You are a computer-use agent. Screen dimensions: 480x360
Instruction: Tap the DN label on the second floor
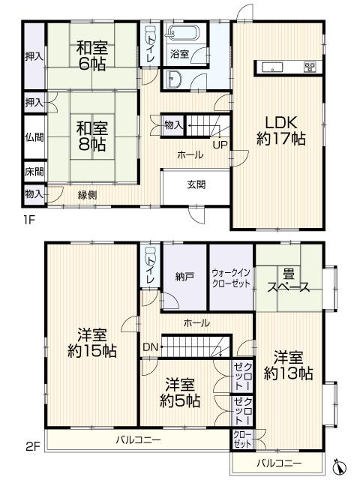(x=150, y=347)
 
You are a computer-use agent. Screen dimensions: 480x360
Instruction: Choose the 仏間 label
(x=34, y=137)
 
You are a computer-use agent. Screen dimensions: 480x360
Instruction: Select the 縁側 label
(x=87, y=193)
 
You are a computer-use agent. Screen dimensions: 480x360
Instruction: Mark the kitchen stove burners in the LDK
(x=310, y=67)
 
